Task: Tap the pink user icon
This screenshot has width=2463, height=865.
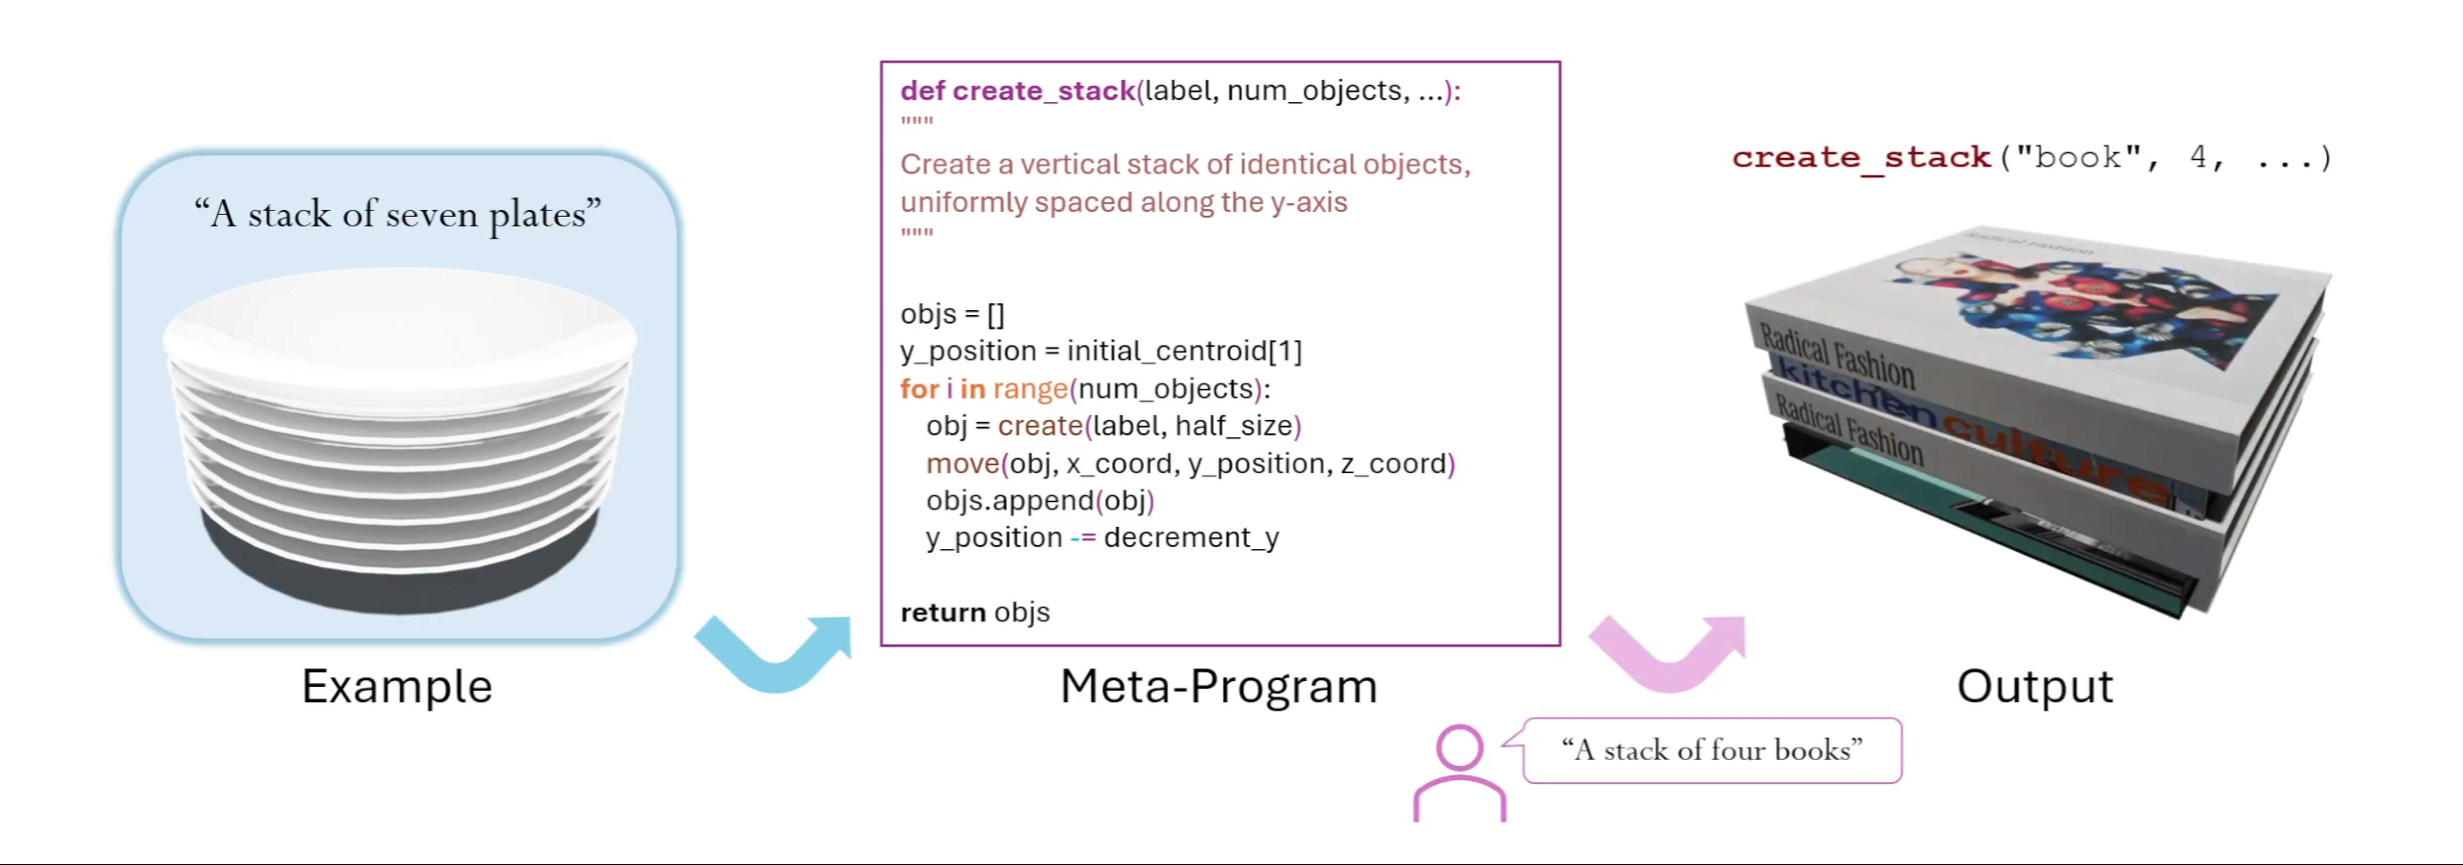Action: click(x=1459, y=773)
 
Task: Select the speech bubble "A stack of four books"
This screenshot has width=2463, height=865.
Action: click(x=1711, y=750)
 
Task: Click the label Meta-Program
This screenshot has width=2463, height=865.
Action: click(x=1218, y=687)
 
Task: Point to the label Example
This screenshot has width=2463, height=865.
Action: click(x=397, y=687)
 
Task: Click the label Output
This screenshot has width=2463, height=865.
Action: click(x=2034, y=687)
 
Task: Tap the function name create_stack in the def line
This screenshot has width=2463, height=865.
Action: click(x=1044, y=91)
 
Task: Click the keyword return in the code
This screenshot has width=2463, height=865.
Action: click(x=942, y=613)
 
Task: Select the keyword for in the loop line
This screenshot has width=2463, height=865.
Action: click(x=918, y=389)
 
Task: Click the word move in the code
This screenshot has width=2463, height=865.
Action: click(x=963, y=464)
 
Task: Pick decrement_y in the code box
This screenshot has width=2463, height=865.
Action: click(x=1191, y=537)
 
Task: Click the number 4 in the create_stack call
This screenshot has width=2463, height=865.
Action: click(x=2198, y=157)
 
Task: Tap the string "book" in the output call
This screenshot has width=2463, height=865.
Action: click(x=2078, y=157)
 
